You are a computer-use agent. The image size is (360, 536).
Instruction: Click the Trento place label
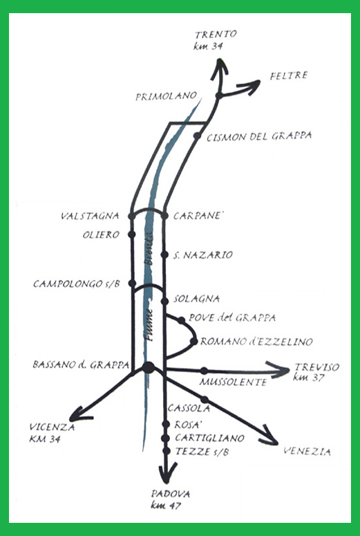click(216, 34)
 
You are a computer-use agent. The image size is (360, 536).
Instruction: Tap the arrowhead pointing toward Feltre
click(252, 87)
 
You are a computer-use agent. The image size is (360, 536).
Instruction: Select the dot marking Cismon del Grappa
click(197, 136)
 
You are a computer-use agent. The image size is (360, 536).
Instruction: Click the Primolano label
click(166, 96)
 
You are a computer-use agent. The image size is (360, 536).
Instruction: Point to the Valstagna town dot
click(131, 216)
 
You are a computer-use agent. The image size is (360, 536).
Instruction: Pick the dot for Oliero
click(132, 234)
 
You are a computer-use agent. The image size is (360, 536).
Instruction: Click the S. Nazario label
click(203, 255)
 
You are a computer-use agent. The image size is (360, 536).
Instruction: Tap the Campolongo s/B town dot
click(132, 283)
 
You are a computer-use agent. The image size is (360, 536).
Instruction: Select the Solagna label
click(196, 299)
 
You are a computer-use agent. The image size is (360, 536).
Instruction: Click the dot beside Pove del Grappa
click(181, 320)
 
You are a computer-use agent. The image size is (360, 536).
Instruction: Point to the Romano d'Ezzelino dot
click(194, 341)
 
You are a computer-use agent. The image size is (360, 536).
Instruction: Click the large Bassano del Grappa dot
click(149, 367)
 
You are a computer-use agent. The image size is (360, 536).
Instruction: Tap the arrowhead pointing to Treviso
click(280, 370)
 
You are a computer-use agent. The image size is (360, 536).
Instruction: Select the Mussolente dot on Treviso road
click(204, 371)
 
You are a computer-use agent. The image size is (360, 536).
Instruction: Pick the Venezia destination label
click(307, 452)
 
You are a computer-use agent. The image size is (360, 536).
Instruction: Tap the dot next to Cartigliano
click(166, 438)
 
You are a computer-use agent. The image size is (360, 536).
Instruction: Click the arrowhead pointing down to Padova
click(167, 473)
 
